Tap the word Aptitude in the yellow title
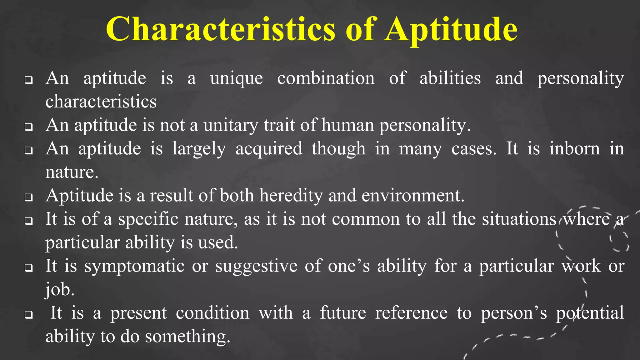pos(451,30)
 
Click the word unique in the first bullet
pos(237,78)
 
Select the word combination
pos(326,78)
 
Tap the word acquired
pos(269,149)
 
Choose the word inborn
pos(575,148)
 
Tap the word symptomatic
pos(134,267)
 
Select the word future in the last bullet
pos(343,313)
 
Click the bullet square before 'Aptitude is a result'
pos(29,198)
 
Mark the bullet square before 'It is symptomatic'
pos(29,268)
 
